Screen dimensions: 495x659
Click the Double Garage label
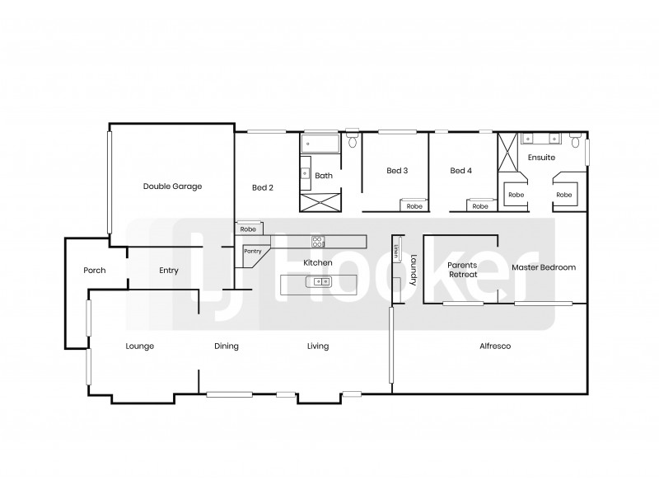(x=172, y=186)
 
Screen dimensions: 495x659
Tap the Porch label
(x=95, y=271)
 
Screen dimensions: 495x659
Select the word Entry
(x=169, y=271)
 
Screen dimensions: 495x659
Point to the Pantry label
(x=252, y=251)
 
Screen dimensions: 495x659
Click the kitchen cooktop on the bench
(x=317, y=241)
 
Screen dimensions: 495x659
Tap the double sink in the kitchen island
(x=318, y=282)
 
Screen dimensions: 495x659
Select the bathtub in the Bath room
(x=318, y=144)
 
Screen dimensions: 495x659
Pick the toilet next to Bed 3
(x=353, y=139)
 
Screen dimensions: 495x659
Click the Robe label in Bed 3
(x=414, y=206)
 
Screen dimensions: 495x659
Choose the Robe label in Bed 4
(x=479, y=206)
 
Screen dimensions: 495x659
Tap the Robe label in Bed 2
(x=248, y=229)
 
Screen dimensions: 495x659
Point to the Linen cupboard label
(x=396, y=250)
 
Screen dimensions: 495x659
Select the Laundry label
(x=413, y=270)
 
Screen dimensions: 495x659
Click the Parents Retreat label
(x=462, y=270)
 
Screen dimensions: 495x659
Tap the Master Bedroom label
(x=543, y=268)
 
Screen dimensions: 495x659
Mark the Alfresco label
(x=494, y=346)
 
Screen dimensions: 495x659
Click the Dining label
(x=227, y=346)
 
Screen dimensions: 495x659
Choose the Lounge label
(x=140, y=346)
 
